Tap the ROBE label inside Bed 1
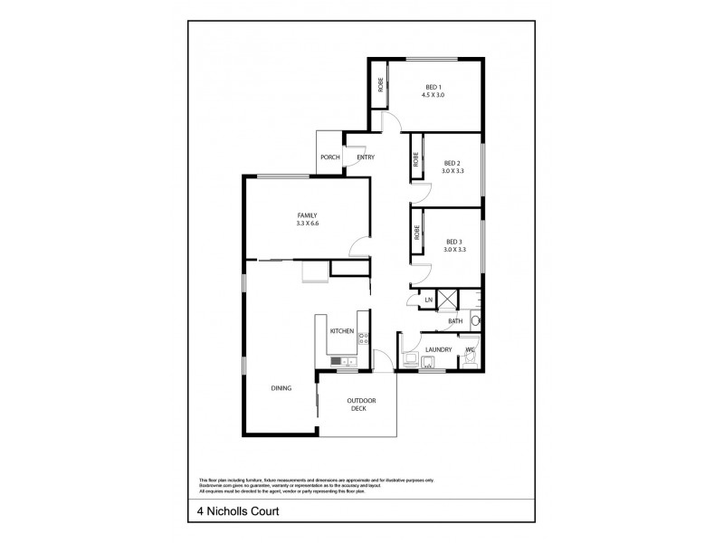[381, 85]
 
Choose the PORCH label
[330, 157]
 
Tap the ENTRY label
[366, 157]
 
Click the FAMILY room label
[308, 215]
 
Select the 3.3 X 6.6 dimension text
[308, 224]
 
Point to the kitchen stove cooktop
[364, 338]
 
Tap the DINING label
[281, 388]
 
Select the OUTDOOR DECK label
[363, 405]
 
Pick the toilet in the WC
[469, 358]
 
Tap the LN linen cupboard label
[428, 300]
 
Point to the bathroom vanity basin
[476, 319]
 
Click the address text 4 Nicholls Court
[238, 510]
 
